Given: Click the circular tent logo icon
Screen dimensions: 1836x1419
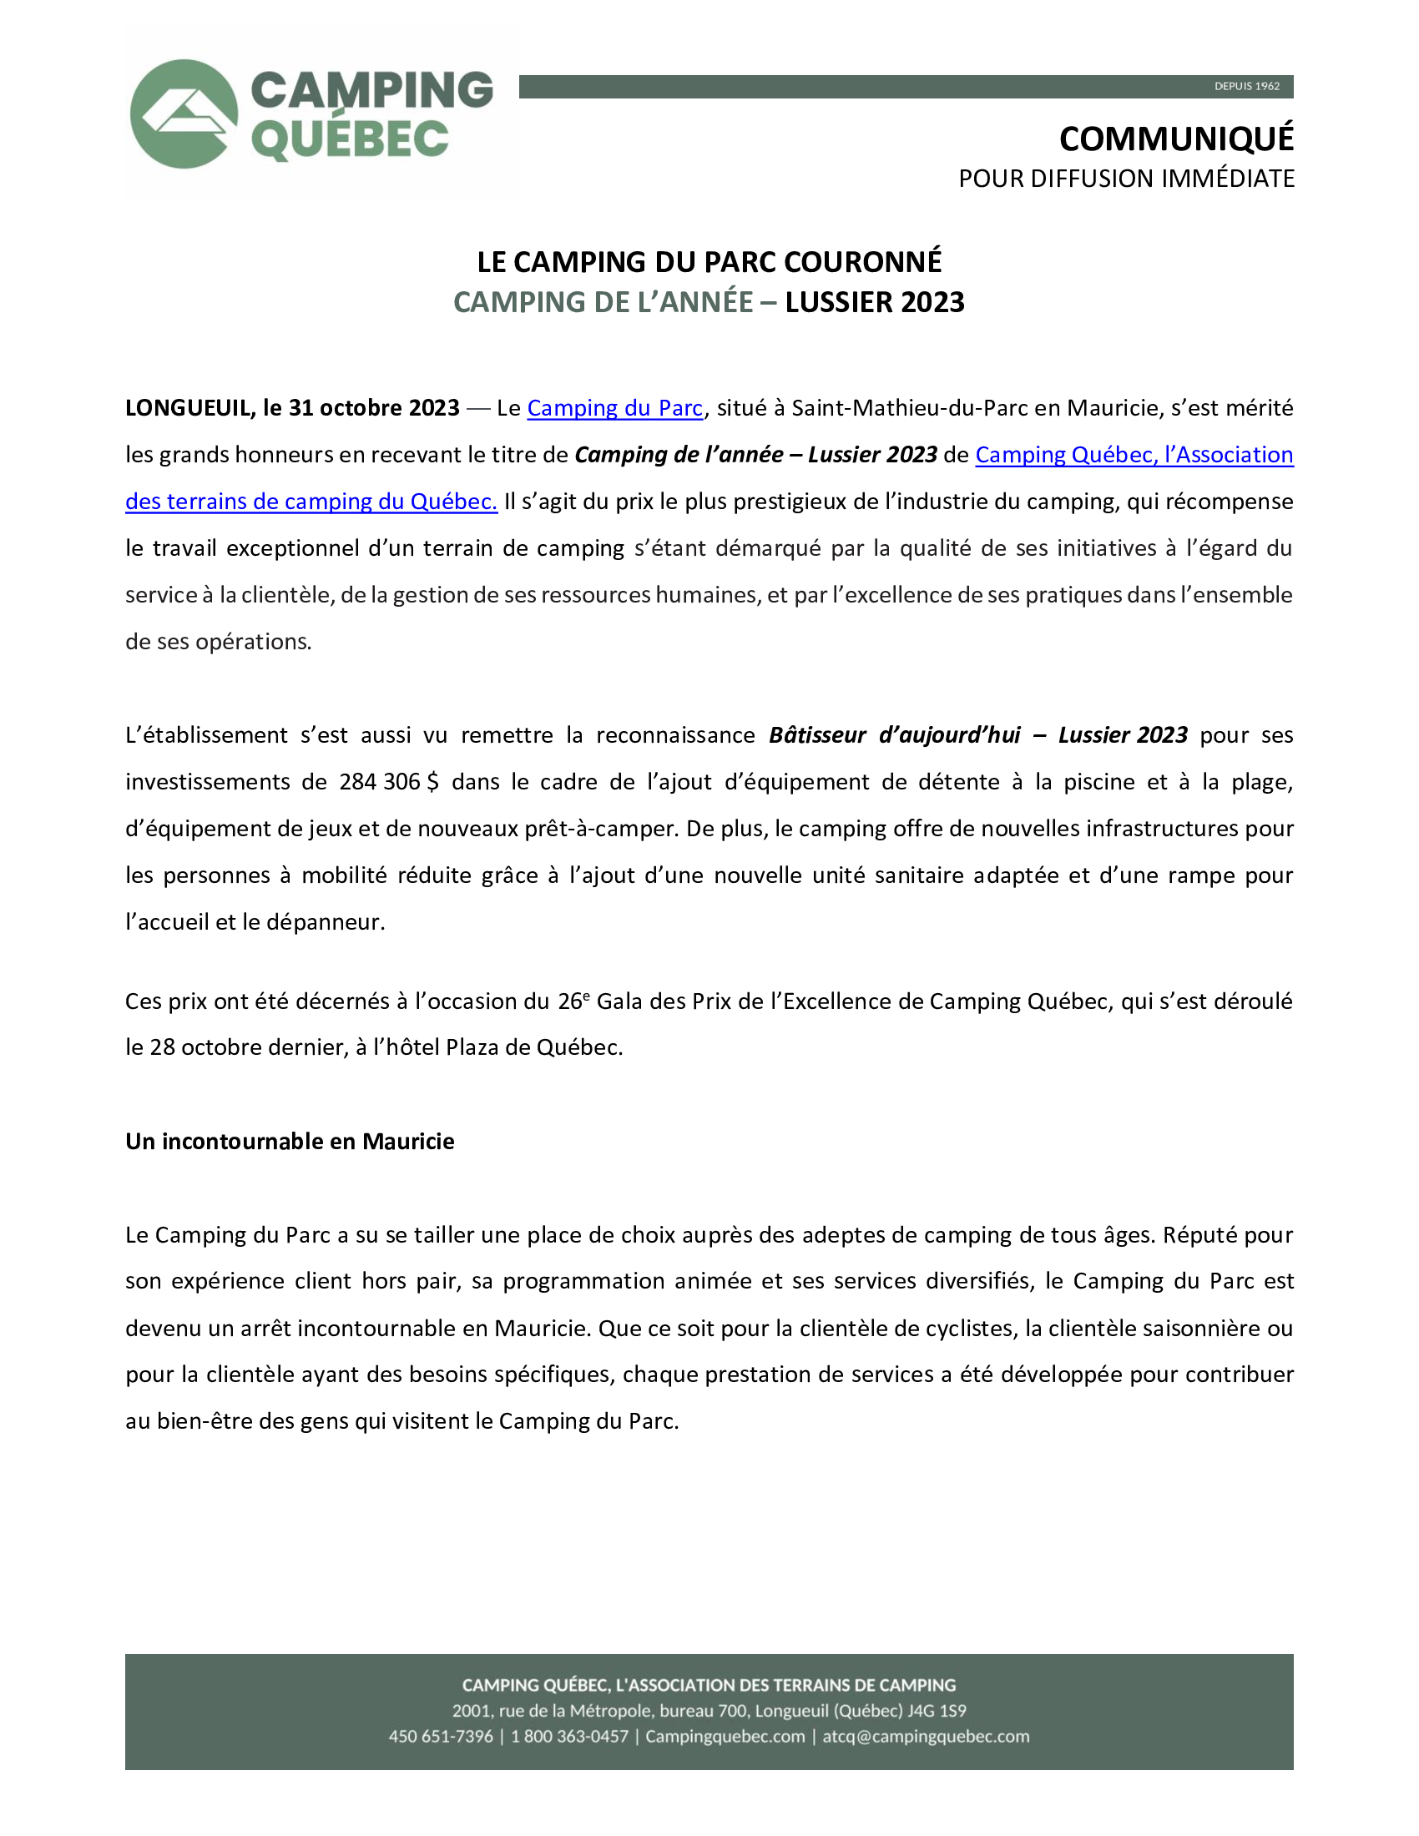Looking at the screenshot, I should tap(184, 113).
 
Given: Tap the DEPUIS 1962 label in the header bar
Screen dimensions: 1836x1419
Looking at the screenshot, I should tap(1247, 87).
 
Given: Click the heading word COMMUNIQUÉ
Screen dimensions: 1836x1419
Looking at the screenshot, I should tap(1176, 139).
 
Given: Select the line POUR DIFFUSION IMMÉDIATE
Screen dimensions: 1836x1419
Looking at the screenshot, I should tap(1126, 179).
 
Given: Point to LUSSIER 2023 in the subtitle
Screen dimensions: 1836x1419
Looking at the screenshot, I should tap(874, 303).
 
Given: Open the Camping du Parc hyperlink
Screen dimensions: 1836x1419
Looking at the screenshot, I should tap(614, 409).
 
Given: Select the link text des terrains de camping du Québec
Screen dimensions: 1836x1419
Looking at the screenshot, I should tap(311, 502).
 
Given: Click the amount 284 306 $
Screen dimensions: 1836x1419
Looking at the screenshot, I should tap(388, 783).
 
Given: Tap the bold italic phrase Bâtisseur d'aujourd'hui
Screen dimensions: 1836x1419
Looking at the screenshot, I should tap(895, 735).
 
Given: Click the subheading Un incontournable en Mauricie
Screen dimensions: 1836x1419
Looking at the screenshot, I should tap(290, 1142).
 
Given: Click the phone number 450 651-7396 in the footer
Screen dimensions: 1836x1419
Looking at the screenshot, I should tap(441, 1737).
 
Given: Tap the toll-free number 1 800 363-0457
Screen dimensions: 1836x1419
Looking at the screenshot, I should tap(569, 1737).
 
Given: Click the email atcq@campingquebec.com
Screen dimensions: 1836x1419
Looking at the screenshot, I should tap(926, 1737).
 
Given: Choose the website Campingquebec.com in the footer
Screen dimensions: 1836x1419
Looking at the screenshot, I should tap(725, 1737).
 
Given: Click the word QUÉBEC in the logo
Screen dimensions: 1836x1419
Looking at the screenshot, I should tap(350, 139).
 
